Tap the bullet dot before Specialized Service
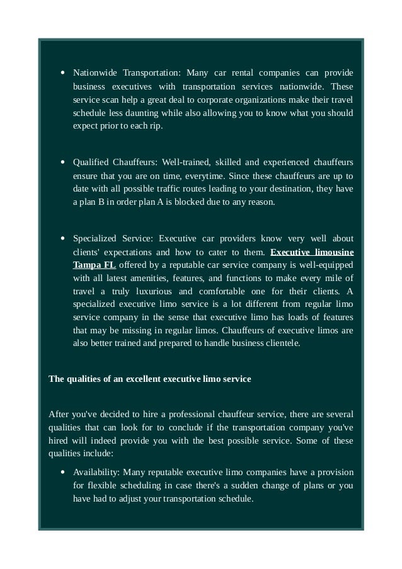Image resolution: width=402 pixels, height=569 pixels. [x=63, y=239]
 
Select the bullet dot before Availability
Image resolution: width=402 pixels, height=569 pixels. [x=63, y=472]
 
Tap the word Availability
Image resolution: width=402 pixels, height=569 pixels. [x=96, y=472]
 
